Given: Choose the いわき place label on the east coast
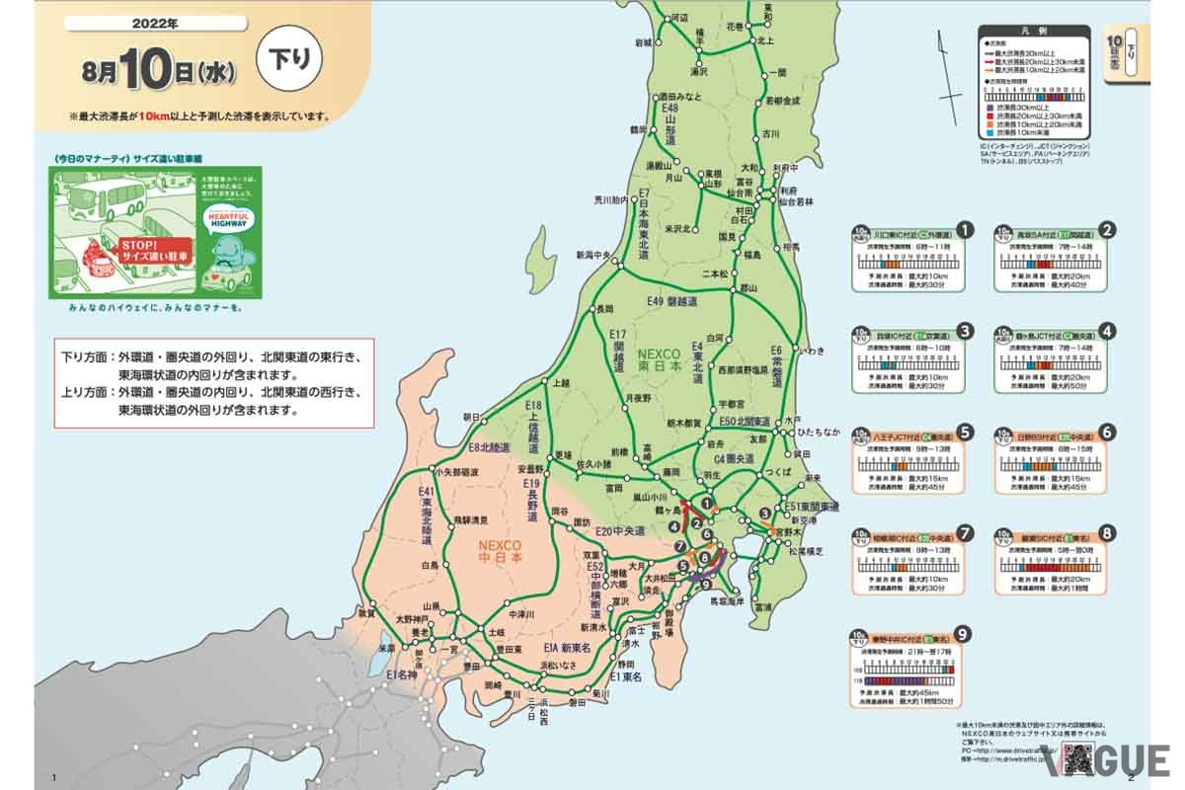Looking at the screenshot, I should (x=812, y=351).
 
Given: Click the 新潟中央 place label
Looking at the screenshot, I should (x=594, y=255).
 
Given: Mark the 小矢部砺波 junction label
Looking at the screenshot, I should (x=454, y=472).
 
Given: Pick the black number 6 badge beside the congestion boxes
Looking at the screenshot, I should (x=1108, y=432).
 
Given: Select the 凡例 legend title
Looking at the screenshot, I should (x=1034, y=33).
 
